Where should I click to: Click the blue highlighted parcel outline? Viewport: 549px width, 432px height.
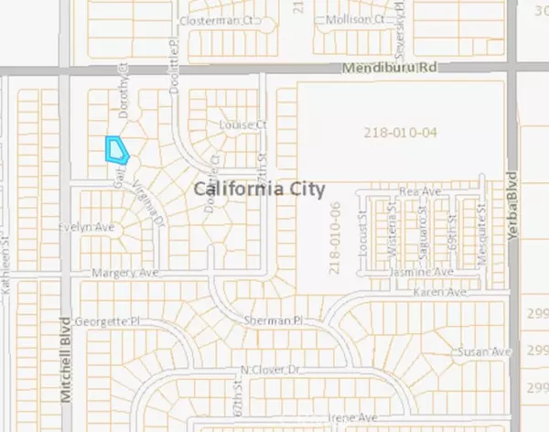pyautogui.click(x=115, y=148)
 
